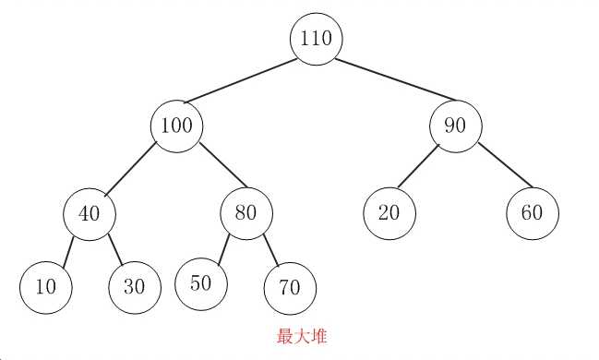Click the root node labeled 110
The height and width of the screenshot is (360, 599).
coord(317,38)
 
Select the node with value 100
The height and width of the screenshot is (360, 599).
coord(176,125)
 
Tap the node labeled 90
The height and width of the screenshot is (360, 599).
coord(455,125)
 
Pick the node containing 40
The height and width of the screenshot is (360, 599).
coord(89,213)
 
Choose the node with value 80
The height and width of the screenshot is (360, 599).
coord(246,213)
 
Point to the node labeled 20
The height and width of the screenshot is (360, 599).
coord(389,212)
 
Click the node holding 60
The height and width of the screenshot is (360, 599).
coord(533,212)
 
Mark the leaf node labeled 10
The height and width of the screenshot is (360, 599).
coord(45,286)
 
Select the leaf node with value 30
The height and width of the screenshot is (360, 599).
coord(134,286)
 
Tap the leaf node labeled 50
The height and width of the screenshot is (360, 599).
coord(201,282)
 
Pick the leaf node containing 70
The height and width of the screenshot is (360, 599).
coord(289,287)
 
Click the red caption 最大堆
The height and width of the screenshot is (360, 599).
coord(302,337)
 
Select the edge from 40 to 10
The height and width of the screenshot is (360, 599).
coord(67,249)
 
